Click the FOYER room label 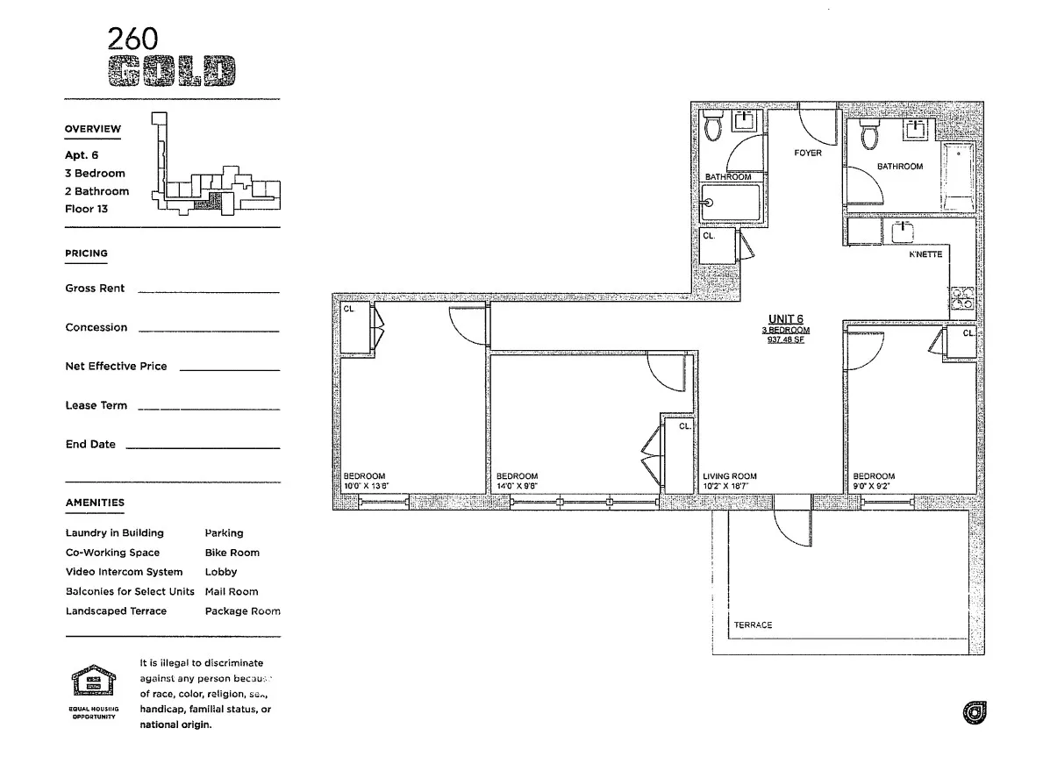807,153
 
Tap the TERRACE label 753,625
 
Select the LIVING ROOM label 729,476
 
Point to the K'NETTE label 925,254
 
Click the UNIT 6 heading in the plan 785,319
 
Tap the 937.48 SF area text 785,340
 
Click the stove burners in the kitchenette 962,297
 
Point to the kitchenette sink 903,232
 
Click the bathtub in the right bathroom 959,178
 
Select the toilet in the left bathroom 713,127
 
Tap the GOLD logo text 171,72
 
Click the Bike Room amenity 232,553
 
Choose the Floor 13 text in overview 86,209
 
